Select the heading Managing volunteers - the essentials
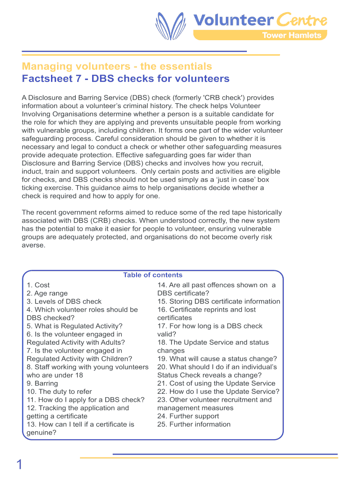pos(117,66)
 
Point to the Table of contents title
pos(152,275)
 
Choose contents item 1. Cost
pos(38,285)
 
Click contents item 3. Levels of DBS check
pos(64,302)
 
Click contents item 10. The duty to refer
pos(59,392)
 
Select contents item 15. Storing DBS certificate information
pos(219,302)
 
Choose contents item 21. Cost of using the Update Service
pos(216,384)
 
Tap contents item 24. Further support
pos(188,416)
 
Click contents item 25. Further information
pos(194,424)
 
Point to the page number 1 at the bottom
pos(19,465)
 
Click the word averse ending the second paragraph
pos(34,245)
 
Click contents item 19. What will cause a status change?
pos(217,359)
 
